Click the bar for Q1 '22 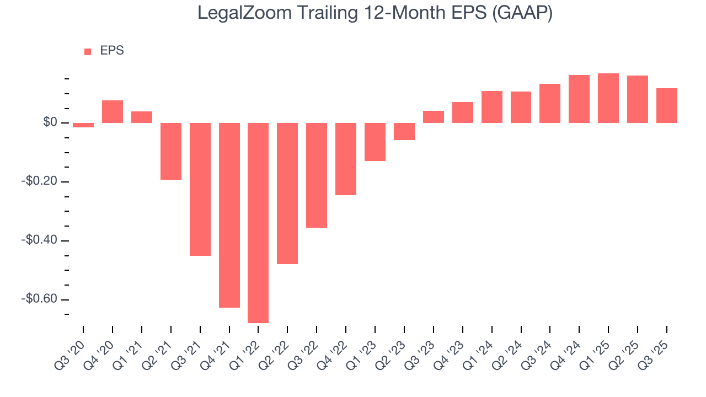click(258, 222)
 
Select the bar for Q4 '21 click(229, 214)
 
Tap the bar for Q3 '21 click(200, 189)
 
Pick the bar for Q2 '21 click(171, 151)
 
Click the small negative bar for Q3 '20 click(83, 125)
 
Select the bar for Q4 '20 click(113, 111)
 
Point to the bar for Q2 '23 click(404, 131)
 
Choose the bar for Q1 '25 click(608, 98)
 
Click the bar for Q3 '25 click(666, 105)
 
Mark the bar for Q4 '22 click(346, 159)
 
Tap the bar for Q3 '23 click(434, 117)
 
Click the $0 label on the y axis click(50, 122)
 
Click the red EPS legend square click(88, 51)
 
